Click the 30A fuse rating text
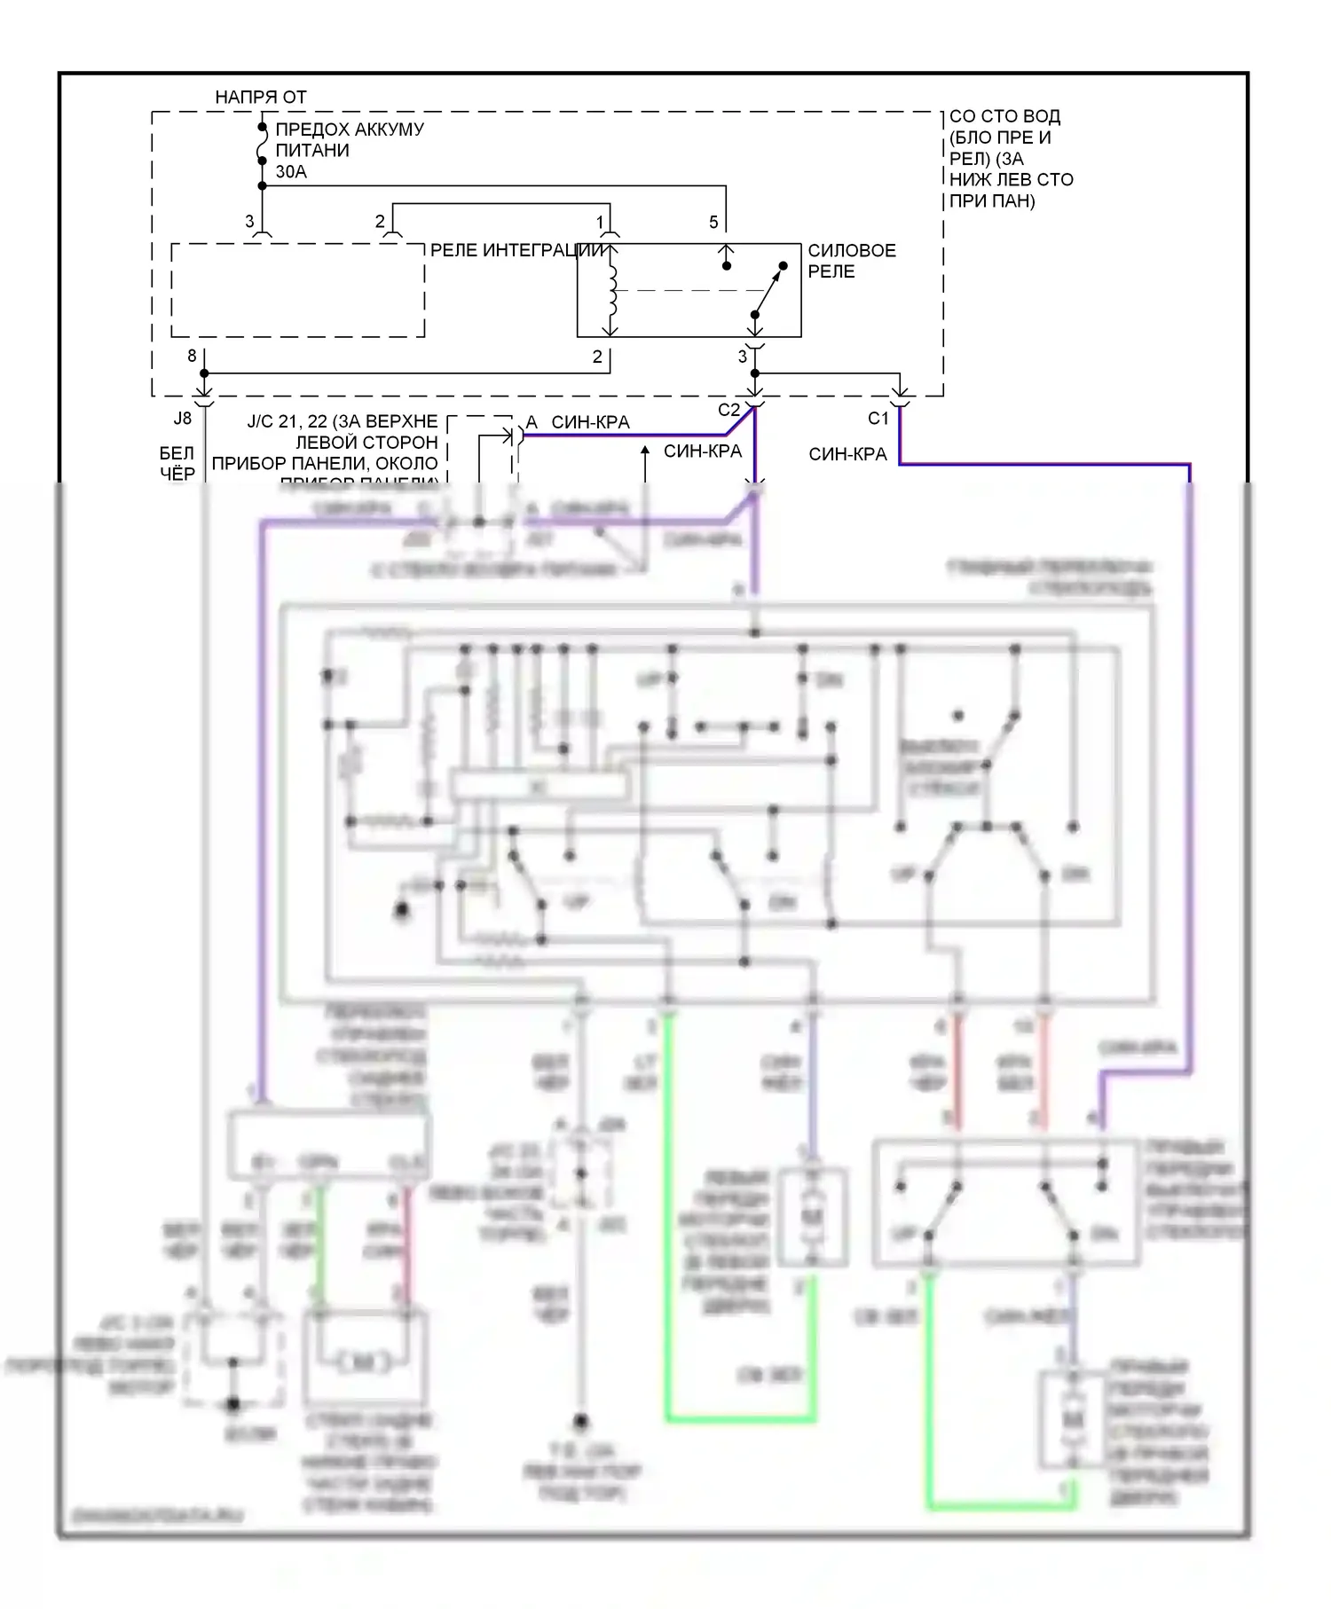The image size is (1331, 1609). point(291,172)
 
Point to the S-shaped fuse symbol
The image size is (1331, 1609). point(262,145)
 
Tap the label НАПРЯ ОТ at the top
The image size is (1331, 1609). point(260,97)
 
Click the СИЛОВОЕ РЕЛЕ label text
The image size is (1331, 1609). point(851,261)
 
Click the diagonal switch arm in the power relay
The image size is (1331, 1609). point(769,289)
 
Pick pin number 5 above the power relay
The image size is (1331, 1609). point(713,222)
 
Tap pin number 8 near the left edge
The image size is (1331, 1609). point(192,356)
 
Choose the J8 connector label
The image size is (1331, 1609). point(182,418)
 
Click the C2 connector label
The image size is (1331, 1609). point(728,410)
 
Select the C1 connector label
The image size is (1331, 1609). point(878,418)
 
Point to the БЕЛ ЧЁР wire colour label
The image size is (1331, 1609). point(177,464)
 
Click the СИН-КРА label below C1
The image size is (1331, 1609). point(847,454)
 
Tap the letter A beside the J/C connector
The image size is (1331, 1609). point(532,422)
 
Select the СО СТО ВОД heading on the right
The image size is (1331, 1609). point(1004,116)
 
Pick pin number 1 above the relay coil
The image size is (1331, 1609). point(600,222)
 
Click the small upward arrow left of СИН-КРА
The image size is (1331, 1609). point(645,452)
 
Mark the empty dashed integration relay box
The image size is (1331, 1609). point(297,290)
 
